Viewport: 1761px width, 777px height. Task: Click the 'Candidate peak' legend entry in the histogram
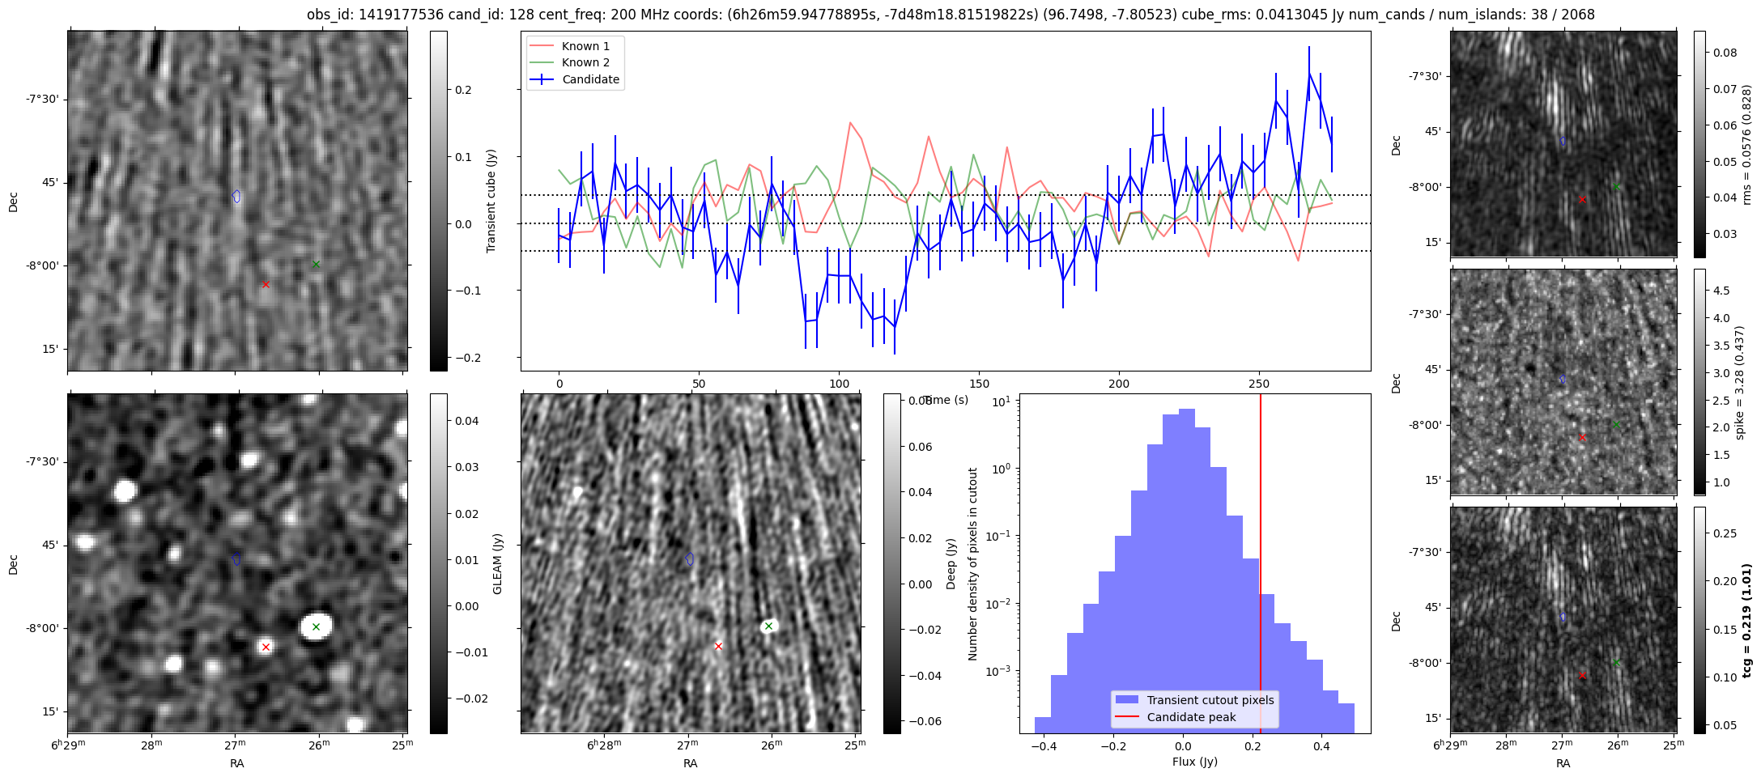coord(1191,717)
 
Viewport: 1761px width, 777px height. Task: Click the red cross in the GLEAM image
coord(266,647)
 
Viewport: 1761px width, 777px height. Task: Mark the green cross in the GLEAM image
coord(316,626)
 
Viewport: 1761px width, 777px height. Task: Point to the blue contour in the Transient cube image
coord(236,196)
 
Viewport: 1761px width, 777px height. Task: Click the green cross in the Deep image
coord(768,626)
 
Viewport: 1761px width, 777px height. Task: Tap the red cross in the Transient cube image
coord(266,284)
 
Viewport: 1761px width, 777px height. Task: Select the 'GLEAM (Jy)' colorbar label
coord(497,563)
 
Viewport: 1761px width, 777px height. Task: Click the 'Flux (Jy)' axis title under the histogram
coord(1194,762)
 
